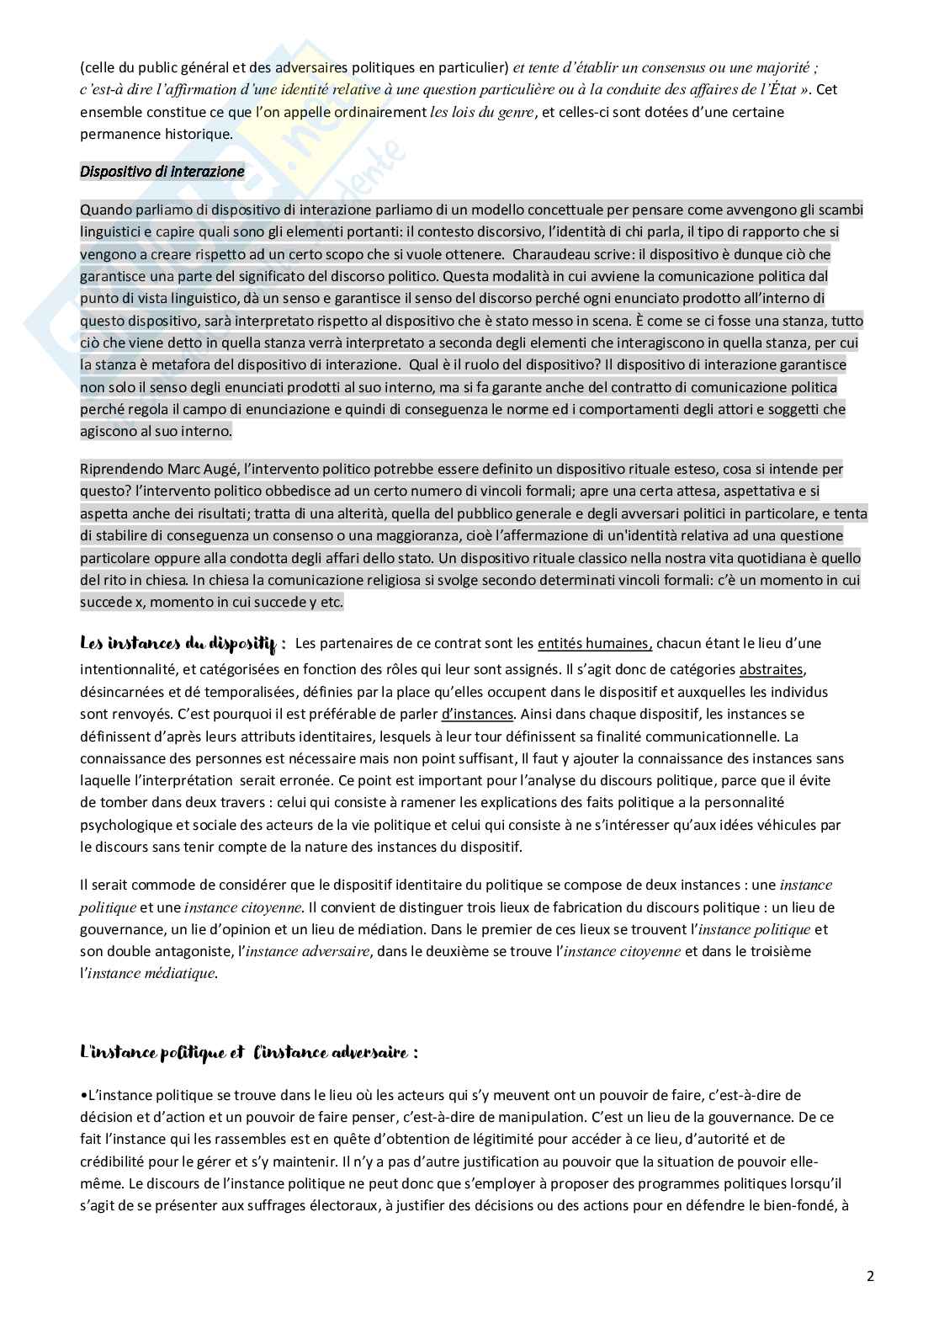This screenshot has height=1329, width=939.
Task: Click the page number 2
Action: [870, 1275]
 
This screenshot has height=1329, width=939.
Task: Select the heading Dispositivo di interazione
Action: [162, 172]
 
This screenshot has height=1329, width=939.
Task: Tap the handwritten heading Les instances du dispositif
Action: [183, 645]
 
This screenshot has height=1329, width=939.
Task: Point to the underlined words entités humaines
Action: [594, 644]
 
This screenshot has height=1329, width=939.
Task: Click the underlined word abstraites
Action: [772, 670]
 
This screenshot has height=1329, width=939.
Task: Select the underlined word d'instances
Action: [477, 714]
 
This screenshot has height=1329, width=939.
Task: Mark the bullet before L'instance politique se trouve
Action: [83, 1096]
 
